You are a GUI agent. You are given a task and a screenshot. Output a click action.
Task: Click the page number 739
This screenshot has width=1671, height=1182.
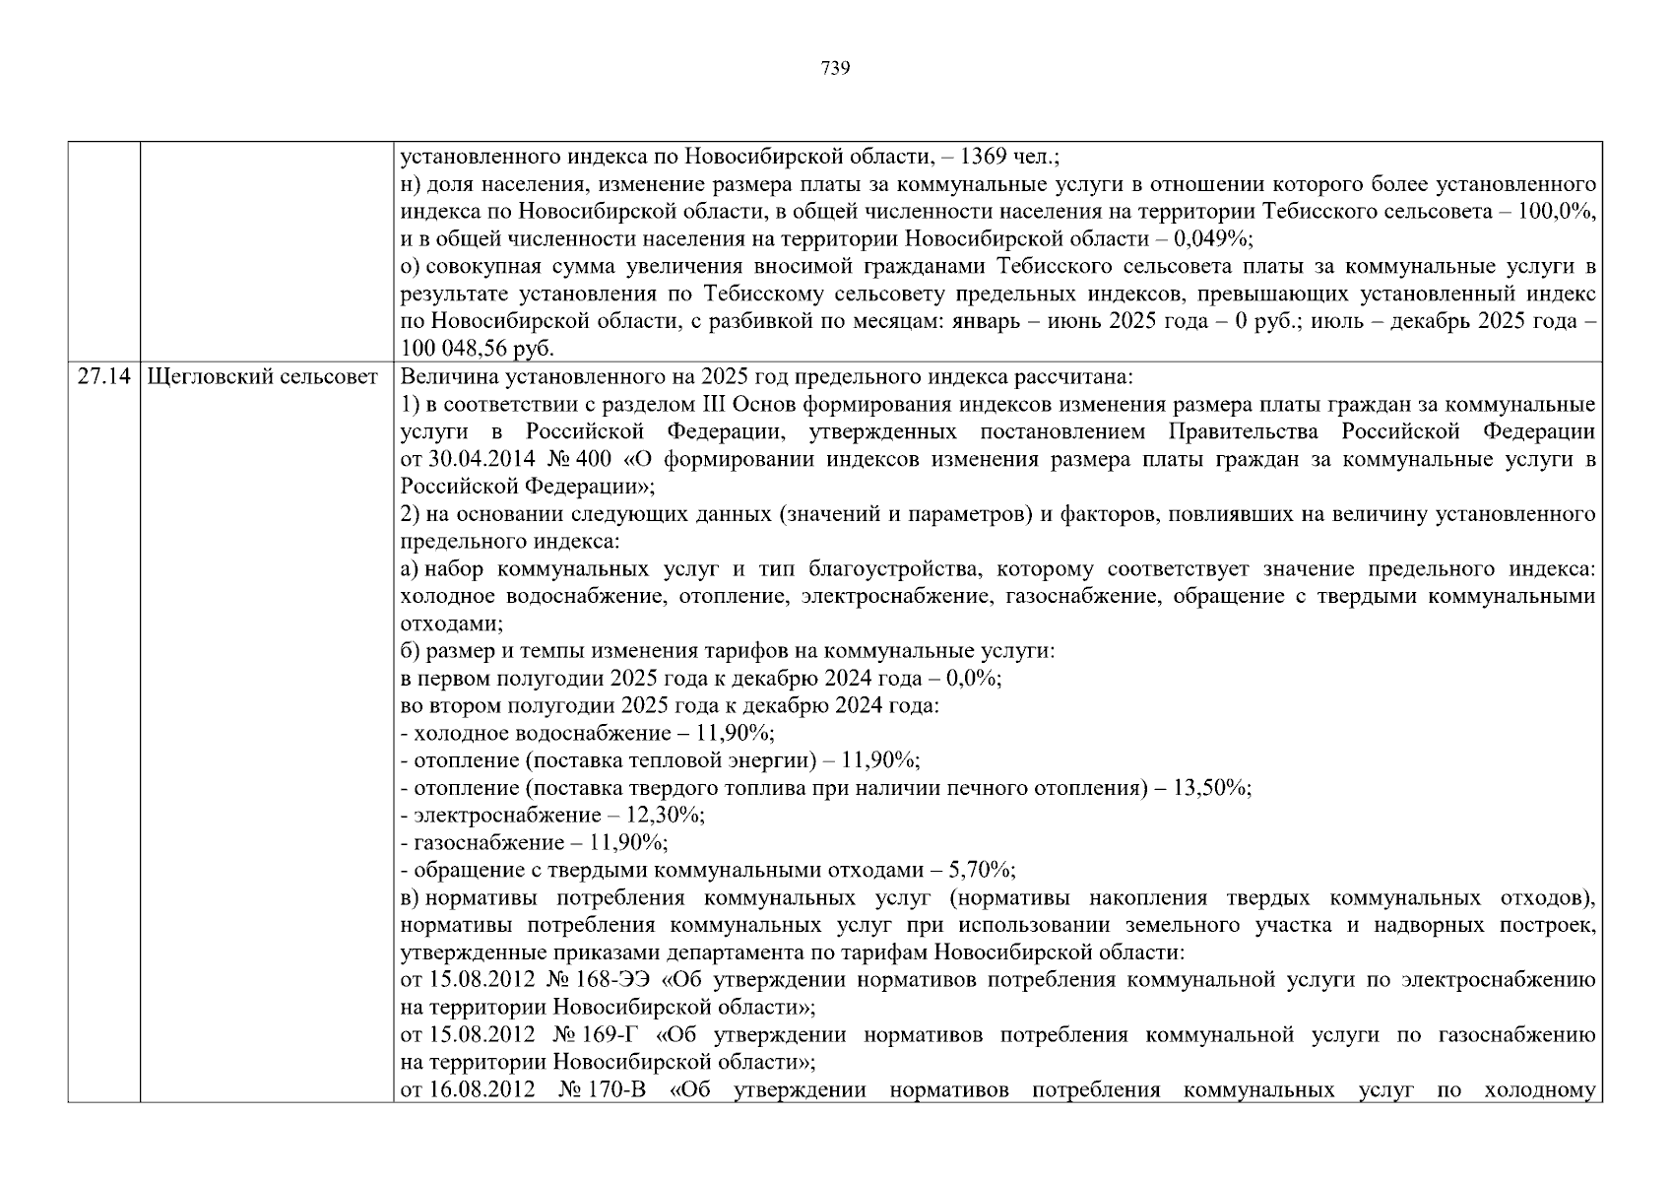pyautogui.click(x=835, y=68)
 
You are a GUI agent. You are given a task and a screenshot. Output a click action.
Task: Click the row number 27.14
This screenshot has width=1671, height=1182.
pyautogui.click(x=103, y=377)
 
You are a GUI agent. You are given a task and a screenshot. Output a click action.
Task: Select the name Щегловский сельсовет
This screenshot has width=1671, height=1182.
pyautogui.click(x=262, y=377)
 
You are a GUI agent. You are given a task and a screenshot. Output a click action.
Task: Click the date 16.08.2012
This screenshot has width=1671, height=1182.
pyautogui.click(x=482, y=1090)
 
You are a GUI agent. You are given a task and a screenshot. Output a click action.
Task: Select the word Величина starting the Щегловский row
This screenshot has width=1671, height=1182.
pyautogui.click(x=444, y=377)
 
